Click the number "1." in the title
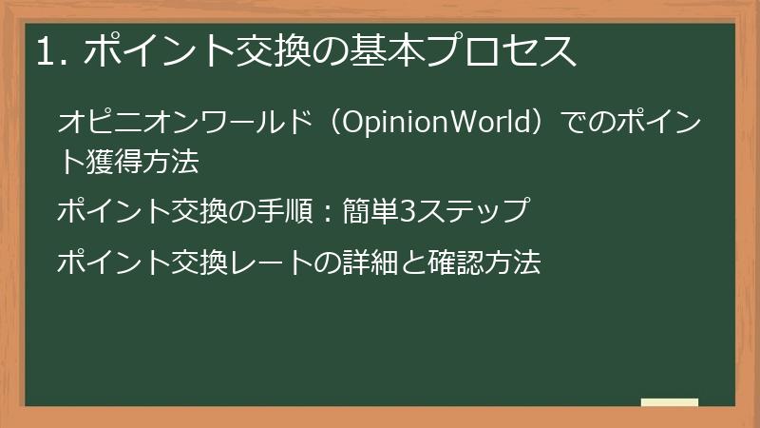[x=49, y=52]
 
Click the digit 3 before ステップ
[x=401, y=210]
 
